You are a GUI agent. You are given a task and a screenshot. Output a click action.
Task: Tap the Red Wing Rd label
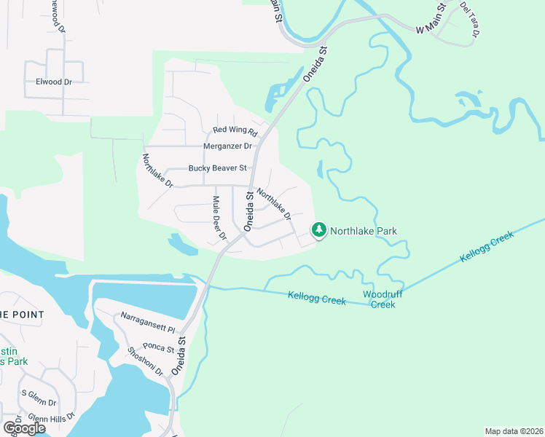pyautogui.click(x=235, y=131)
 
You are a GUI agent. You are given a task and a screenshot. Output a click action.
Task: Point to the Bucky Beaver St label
pyautogui.click(x=218, y=168)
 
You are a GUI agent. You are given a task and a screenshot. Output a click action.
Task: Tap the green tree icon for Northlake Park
pyautogui.click(x=318, y=230)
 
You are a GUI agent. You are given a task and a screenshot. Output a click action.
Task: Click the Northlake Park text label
pyautogui.click(x=364, y=231)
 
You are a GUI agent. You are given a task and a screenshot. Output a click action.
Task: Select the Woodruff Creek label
pyautogui.click(x=379, y=299)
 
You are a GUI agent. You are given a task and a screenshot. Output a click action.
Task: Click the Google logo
pyautogui.click(x=24, y=428)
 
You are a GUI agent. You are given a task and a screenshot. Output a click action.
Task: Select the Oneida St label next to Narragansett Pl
pyautogui.click(x=180, y=355)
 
